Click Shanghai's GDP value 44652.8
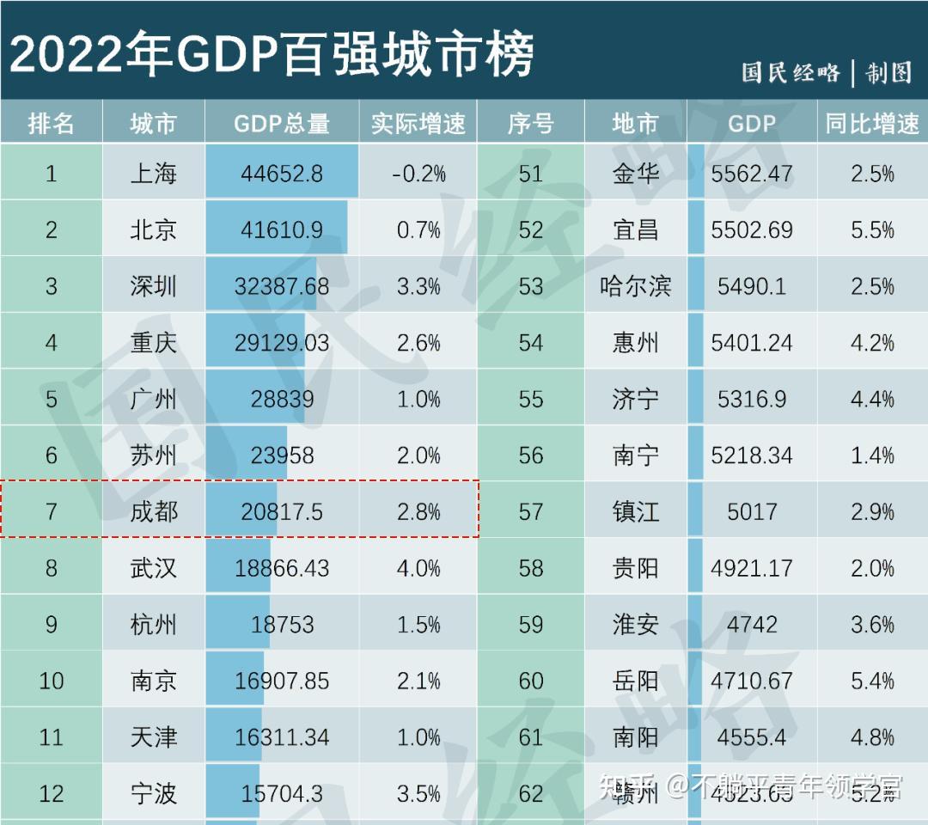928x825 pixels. pyautogui.click(x=281, y=174)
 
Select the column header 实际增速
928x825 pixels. pyautogui.click(x=418, y=124)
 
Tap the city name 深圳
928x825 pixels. pyautogui.click(x=154, y=286)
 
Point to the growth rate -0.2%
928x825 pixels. pyautogui.click(x=418, y=174)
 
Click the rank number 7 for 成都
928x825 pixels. pyautogui.click(x=52, y=512)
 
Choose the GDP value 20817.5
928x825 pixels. pyautogui.click(x=281, y=512)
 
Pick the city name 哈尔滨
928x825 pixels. pyautogui.click(x=636, y=286)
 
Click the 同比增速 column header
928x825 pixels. pyautogui.click(x=872, y=124)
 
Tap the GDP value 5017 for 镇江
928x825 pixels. pyautogui.click(x=752, y=512)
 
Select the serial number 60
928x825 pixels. pyautogui.click(x=531, y=681)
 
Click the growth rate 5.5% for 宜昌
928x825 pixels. pyautogui.click(x=872, y=230)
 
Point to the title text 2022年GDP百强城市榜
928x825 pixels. pyautogui.click(x=271, y=53)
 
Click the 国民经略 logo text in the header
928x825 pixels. pyautogui.click(x=791, y=73)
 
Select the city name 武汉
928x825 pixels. pyautogui.click(x=154, y=568)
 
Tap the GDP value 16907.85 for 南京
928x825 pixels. pyautogui.click(x=281, y=681)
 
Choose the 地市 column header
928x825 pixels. pyautogui.click(x=636, y=124)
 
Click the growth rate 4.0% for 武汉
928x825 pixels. pyautogui.click(x=418, y=568)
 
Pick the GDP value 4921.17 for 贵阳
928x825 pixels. pyautogui.click(x=752, y=568)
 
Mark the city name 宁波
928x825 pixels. pyautogui.click(x=154, y=793)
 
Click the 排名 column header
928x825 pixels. pyautogui.click(x=52, y=124)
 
